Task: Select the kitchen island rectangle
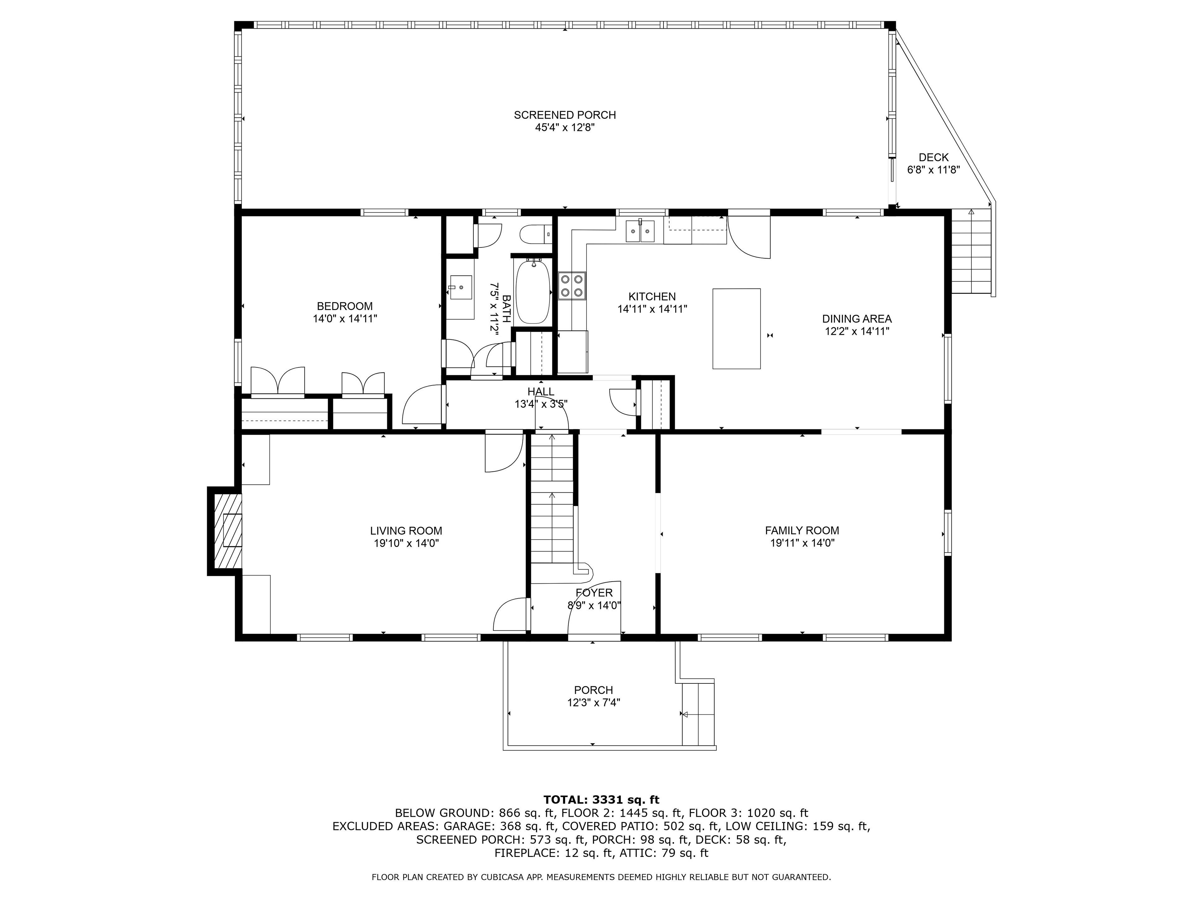(737, 329)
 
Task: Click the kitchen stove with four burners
(572, 285)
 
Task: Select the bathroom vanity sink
(460, 287)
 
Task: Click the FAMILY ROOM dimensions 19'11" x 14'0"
(802, 543)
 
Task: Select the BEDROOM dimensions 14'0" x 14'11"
(345, 319)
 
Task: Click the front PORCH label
(593, 690)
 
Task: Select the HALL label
(541, 391)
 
